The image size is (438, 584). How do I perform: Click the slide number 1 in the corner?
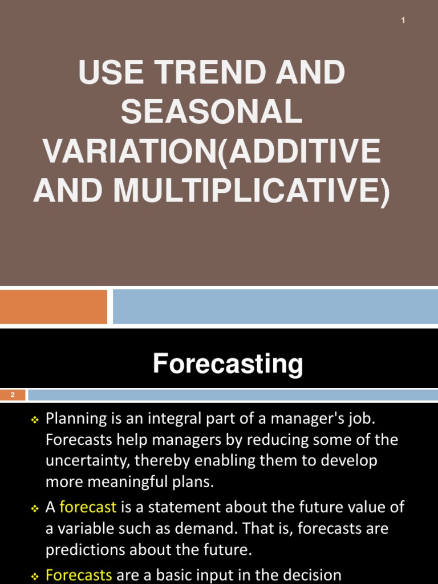point(403,21)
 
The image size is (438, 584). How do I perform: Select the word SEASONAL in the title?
point(212,112)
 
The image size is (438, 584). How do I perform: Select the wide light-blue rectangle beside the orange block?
point(275,306)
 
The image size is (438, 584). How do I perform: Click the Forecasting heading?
point(228,364)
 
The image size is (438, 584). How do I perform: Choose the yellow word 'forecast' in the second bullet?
point(88,507)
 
